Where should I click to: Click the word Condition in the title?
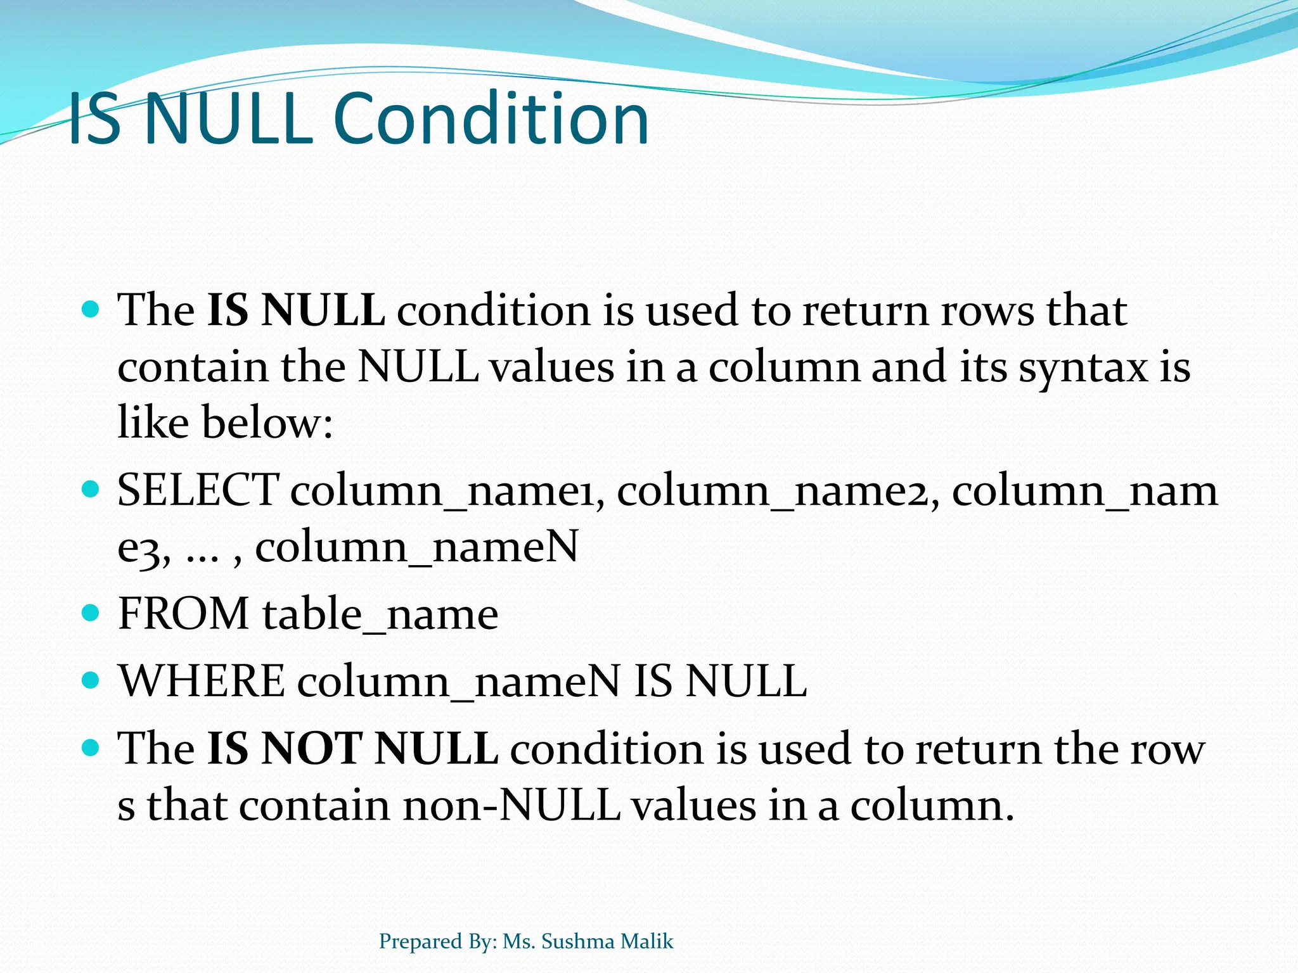(491, 119)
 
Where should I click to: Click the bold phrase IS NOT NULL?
(352, 749)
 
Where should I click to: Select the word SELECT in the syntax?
(198, 490)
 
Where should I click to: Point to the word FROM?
(184, 614)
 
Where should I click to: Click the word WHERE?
(202, 681)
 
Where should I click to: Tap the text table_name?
(380, 615)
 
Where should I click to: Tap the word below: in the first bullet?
(267, 423)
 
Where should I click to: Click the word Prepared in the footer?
(420, 942)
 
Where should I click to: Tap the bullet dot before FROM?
(92, 613)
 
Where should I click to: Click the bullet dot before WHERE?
(92, 680)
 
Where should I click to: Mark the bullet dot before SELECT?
(92, 489)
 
